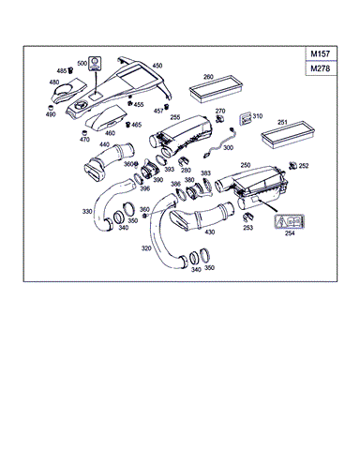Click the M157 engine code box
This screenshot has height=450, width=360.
[x=327, y=56]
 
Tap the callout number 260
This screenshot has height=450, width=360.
[x=208, y=77]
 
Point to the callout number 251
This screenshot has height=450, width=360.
[x=282, y=122]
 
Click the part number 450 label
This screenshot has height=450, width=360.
[x=157, y=65]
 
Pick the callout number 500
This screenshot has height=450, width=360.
[x=95, y=62]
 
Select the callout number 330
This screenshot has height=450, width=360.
[x=87, y=212]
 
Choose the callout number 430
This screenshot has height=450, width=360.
[x=209, y=232]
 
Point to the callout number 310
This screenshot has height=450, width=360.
[x=257, y=115]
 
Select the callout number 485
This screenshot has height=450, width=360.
[x=62, y=71]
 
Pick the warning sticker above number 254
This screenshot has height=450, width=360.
[x=288, y=221]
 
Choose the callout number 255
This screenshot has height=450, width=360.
[x=175, y=117]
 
